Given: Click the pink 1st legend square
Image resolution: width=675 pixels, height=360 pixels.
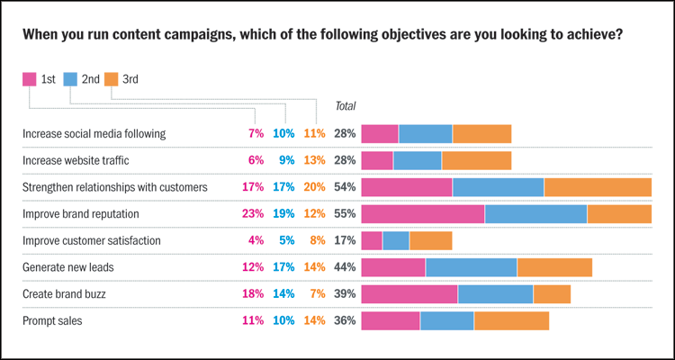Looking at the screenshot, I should pyautogui.click(x=29, y=79).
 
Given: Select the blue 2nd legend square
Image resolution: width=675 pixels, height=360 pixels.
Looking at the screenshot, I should pyautogui.click(x=70, y=79).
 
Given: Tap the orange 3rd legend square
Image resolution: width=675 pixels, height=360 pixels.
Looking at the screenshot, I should pyautogui.click(x=112, y=79).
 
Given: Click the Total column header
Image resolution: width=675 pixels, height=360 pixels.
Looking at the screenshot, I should pyautogui.click(x=345, y=106).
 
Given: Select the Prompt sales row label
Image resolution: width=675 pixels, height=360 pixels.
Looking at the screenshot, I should pyautogui.click(x=54, y=319).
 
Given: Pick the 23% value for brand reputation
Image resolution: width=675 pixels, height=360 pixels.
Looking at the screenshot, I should pyautogui.click(x=255, y=214).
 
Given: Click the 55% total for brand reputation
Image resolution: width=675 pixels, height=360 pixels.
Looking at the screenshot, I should pyautogui.click(x=345, y=214).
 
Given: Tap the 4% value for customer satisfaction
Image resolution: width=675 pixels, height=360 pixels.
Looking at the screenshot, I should pyautogui.click(x=257, y=241).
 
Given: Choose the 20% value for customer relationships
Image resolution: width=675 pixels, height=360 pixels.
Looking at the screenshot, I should pyautogui.click(x=315, y=187).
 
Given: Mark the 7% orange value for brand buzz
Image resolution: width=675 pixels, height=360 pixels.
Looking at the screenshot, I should pyautogui.click(x=318, y=294).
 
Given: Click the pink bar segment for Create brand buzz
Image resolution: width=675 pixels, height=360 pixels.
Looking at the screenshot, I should pyautogui.click(x=409, y=294).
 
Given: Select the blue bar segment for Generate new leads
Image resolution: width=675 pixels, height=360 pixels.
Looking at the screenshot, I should pyautogui.click(x=472, y=267).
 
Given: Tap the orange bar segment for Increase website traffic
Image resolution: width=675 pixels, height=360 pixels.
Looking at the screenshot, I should pyautogui.click(x=476, y=161).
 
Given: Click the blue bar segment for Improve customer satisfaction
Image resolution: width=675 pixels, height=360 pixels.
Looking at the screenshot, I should pyautogui.click(x=396, y=241).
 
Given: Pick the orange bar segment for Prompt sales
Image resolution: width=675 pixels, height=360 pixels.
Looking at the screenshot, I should pyautogui.click(x=511, y=320).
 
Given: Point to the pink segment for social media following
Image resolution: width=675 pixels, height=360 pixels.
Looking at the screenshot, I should pyautogui.click(x=380, y=134).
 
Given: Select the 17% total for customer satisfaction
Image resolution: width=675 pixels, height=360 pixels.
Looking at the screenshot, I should pyautogui.click(x=345, y=241).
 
